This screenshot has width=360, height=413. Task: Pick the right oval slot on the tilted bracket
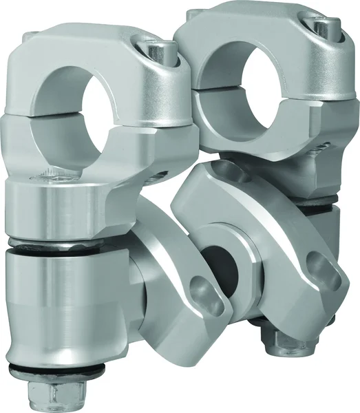(x=315, y=262)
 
